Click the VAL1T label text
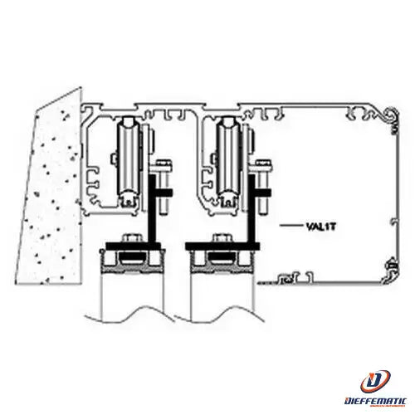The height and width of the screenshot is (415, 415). [x=321, y=227]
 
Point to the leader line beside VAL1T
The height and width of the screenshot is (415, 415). [x=291, y=226]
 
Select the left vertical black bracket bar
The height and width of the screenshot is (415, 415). [x=152, y=209]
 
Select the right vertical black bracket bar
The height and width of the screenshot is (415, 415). [x=251, y=209]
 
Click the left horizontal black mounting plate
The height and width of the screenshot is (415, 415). [x=133, y=246]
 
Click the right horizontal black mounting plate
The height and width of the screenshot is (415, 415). [x=222, y=246]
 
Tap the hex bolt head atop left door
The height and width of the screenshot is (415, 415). [x=132, y=238]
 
